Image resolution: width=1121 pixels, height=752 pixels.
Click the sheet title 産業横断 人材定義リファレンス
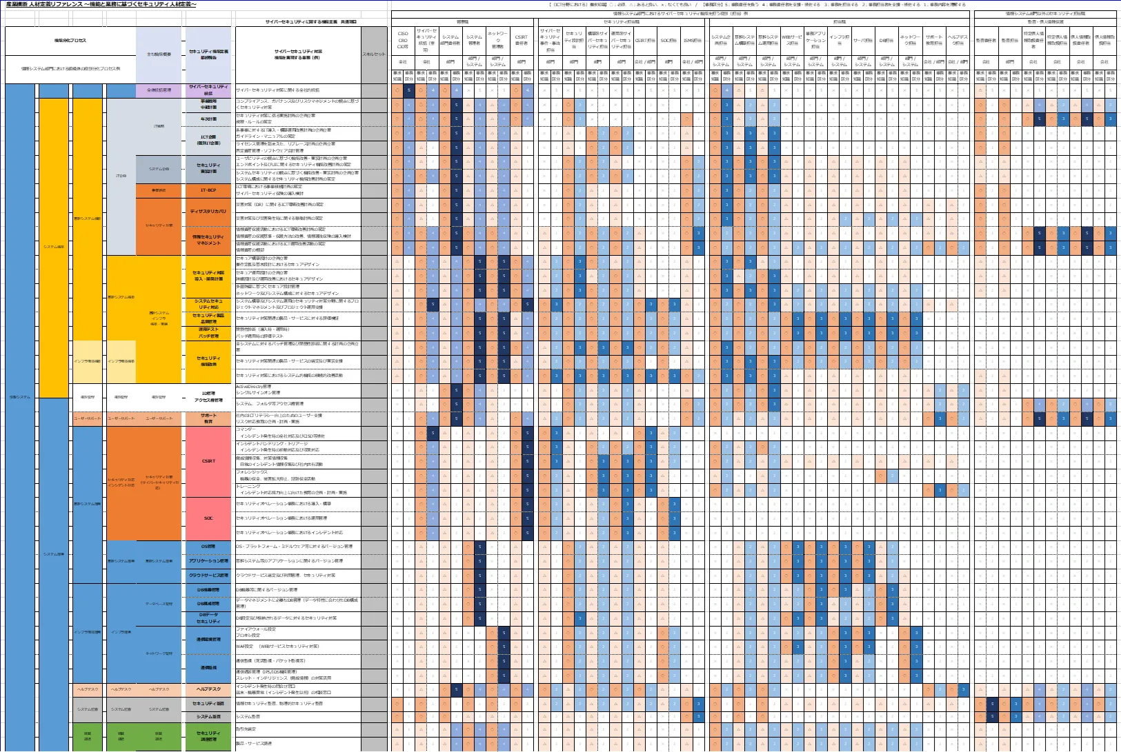pos(101,5)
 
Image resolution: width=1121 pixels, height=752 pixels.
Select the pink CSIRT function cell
pos(208,461)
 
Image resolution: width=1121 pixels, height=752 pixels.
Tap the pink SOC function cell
pos(208,518)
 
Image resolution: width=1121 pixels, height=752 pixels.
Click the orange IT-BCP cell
pos(208,190)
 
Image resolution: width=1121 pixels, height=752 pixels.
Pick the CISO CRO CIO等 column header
pos(403,39)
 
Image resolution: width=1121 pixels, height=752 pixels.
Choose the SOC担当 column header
pos(668,41)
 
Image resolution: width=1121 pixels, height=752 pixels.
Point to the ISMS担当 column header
pos(692,41)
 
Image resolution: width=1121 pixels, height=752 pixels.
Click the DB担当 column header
pos(886,41)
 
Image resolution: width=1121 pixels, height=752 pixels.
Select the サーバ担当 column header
pos(863,41)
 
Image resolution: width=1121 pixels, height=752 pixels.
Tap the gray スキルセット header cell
pos(374,54)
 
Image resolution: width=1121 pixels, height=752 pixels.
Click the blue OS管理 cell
pos(208,547)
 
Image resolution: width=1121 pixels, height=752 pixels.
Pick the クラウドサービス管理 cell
pos(208,576)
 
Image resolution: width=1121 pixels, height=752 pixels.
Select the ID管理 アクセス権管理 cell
pos(208,396)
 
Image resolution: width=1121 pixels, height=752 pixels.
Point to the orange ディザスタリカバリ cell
pos(208,212)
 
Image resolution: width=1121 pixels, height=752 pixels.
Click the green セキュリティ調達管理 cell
pos(208,736)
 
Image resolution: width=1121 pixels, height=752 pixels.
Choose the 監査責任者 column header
pos(986,41)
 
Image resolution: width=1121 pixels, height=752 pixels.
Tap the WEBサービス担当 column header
pos(792,39)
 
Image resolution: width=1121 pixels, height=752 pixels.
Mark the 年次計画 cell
pos(208,119)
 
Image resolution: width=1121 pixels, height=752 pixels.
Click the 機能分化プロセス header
pos(70,41)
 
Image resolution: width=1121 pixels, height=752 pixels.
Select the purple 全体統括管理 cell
pos(159,90)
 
